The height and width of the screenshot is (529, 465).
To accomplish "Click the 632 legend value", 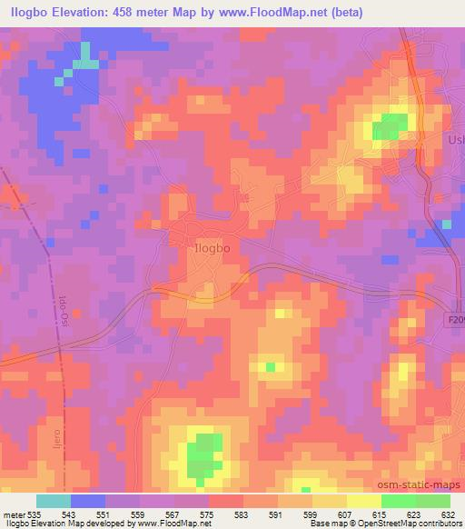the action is click(x=449, y=514).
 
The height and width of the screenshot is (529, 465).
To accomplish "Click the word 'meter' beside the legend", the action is click(x=13, y=514).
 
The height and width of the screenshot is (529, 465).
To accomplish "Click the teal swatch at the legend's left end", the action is click(x=54, y=501).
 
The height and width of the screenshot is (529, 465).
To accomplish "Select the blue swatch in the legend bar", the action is click(x=88, y=501).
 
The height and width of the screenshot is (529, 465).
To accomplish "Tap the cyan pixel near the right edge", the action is click(x=446, y=224).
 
